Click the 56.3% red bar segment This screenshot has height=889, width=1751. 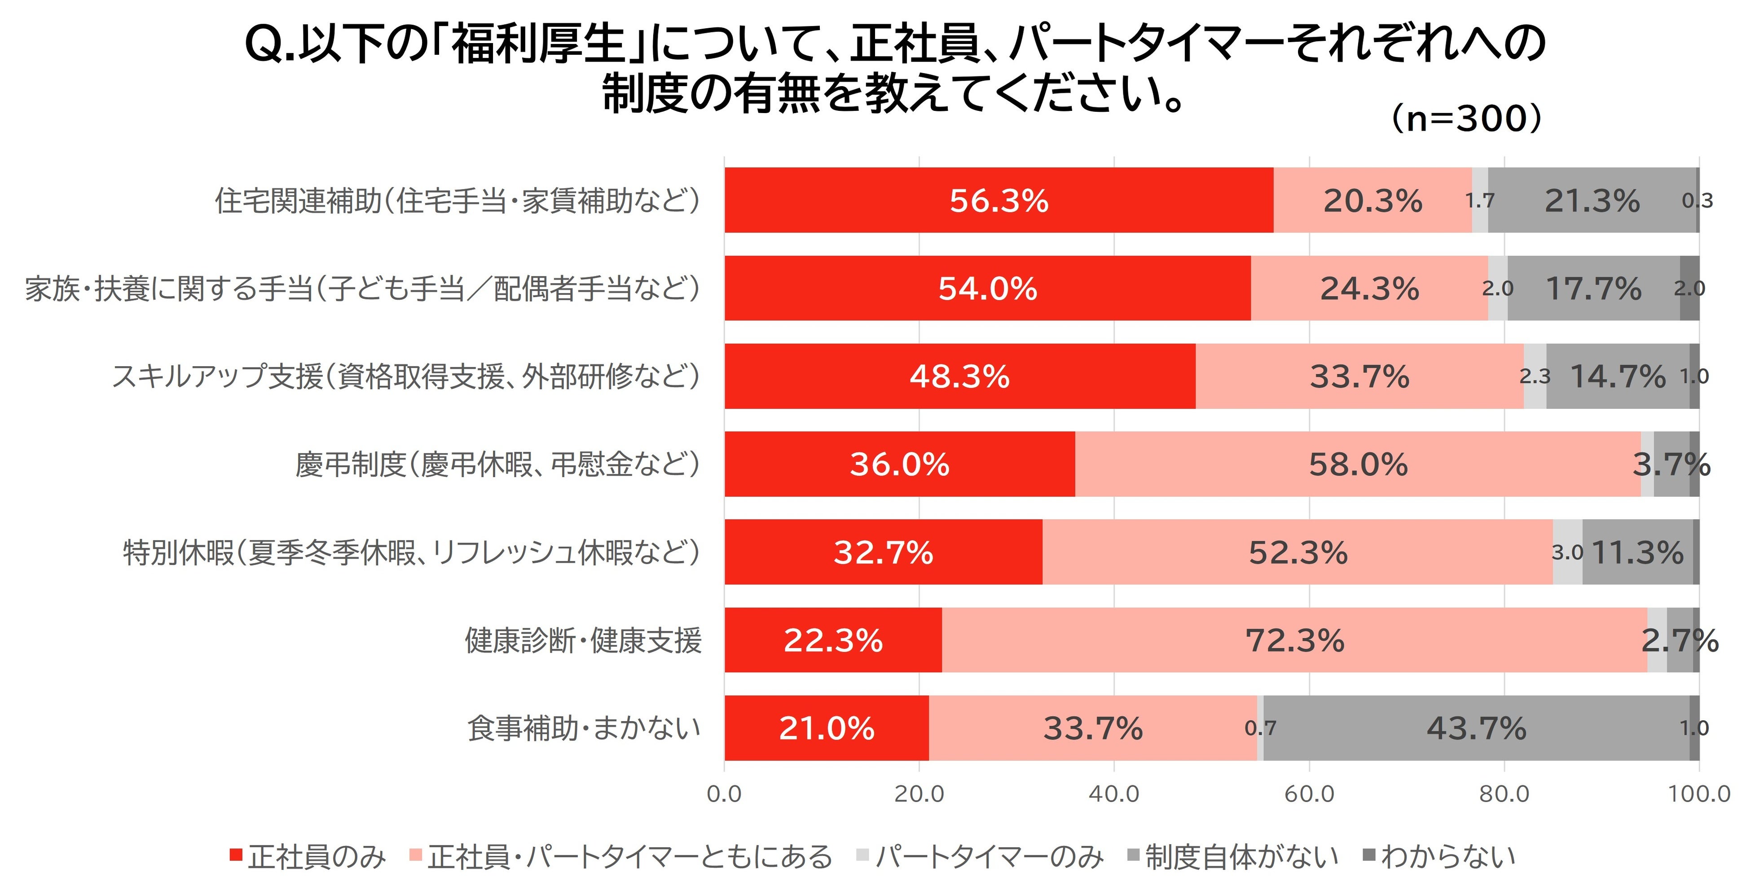coord(999,200)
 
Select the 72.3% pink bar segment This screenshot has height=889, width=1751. coord(1295,639)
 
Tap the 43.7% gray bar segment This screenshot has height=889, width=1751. coord(1476,728)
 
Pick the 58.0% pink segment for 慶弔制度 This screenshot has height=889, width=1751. coord(1358,464)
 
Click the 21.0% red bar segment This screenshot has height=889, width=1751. coord(827,728)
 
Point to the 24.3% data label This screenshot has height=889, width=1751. coord(1370,288)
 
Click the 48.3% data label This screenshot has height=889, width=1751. coord(960,376)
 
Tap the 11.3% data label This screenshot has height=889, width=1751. coord(1637,552)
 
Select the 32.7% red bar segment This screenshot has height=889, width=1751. coord(884,552)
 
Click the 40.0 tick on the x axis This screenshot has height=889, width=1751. coord(1114,793)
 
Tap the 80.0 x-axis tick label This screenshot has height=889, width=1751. coord(1504,793)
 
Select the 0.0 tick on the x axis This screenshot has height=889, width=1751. coord(725,793)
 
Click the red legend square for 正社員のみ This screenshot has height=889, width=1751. coord(236,855)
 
